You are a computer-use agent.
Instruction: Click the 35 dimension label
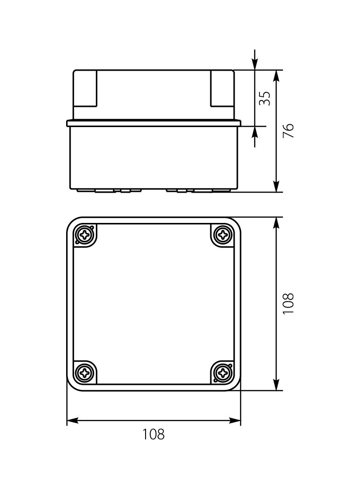pyautogui.click(x=264, y=98)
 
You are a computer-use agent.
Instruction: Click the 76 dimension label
pyautogui.click(x=288, y=131)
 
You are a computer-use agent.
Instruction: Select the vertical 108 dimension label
pyautogui.click(x=288, y=303)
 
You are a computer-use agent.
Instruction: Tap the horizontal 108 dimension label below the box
pyautogui.click(x=153, y=434)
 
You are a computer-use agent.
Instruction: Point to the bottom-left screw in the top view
pyautogui.click(x=85, y=372)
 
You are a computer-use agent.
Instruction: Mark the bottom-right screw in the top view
pyautogui.click(x=223, y=372)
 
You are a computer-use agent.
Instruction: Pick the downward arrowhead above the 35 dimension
pyautogui.click(x=255, y=64)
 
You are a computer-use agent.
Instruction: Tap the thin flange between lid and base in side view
pyautogui.click(x=154, y=123)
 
